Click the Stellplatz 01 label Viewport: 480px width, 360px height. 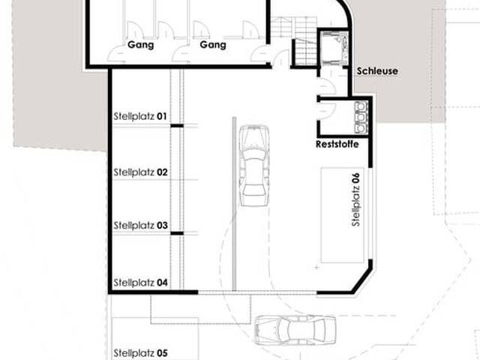tap(140, 116)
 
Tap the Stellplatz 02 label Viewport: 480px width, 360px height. tap(140, 172)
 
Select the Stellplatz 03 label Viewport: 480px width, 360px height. tap(140, 226)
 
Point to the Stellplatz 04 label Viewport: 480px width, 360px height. tap(140, 282)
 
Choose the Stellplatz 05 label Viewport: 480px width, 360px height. tap(140, 353)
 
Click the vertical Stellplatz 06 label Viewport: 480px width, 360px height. tap(355, 199)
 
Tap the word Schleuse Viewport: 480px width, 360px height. tap(377, 71)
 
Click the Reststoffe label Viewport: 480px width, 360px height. tap(337, 144)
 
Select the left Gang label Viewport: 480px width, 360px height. tap(140, 45)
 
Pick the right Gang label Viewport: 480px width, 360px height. tap(213, 45)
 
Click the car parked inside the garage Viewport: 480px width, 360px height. tap(254, 165)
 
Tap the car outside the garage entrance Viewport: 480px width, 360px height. tap(295, 329)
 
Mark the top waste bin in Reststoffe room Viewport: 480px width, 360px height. tap(361, 106)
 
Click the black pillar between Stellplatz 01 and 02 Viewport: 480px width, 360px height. tap(177, 125)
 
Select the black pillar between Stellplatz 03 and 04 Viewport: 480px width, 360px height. tap(177, 233)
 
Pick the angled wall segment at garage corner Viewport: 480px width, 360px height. tap(361, 280)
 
